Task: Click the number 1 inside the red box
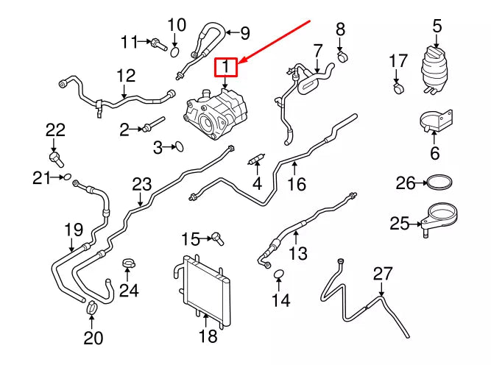point(225,68)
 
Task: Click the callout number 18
point(208,336)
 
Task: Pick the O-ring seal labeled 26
point(439,182)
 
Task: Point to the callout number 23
point(141,183)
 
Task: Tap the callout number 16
point(296,182)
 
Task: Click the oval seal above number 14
point(279,275)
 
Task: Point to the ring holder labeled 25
point(438,219)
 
